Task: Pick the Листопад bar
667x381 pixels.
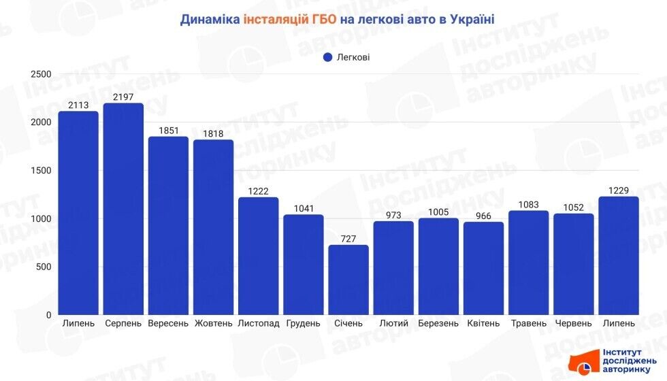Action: tap(259, 256)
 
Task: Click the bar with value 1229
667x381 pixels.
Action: tap(619, 256)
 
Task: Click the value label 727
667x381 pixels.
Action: tap(348, 239)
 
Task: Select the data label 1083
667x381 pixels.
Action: tap(528, 204)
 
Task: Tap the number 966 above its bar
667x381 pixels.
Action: tap(483, 216)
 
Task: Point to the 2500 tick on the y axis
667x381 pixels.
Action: tap(41, 74)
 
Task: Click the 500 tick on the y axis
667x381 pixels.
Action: tap(44, 267)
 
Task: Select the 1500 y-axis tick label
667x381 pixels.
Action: tap(41, 171)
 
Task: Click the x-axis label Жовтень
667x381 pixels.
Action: tap(213, 323)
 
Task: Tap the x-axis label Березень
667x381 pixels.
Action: tap(438, 323)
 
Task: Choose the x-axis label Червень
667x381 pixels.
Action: tap(573, 323)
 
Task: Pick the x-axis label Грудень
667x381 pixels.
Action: tap(303, 323)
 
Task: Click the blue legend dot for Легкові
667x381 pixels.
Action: tap(327, 57)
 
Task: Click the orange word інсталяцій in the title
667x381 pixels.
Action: tap(282, 20)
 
